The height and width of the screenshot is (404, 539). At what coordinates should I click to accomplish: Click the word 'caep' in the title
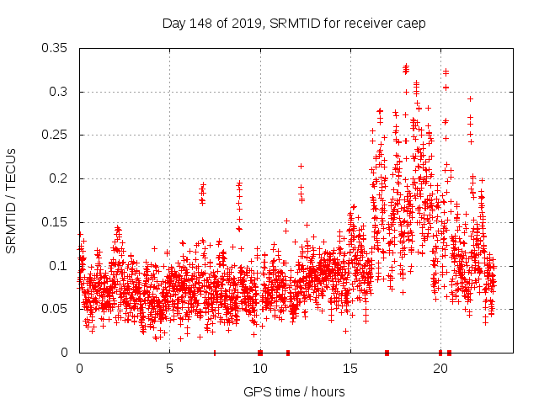(411, 24)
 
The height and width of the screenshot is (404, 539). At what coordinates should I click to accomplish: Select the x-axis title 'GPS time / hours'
(294, 391)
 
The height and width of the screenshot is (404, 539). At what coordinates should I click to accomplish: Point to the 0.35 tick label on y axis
(56, 48)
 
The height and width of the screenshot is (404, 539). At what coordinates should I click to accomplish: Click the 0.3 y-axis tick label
(60, 92)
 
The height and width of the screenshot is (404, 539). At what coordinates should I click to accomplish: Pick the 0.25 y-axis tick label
(56, 135)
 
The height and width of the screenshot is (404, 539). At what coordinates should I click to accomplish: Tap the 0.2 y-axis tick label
(60, 178)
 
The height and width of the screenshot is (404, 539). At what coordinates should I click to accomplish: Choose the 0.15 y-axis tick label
(56, 222)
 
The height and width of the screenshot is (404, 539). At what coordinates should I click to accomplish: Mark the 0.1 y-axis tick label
(60, 265)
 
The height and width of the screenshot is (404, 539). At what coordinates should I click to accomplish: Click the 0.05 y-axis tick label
(56, 309)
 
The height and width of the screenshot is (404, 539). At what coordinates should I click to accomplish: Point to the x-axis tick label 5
(169, 369)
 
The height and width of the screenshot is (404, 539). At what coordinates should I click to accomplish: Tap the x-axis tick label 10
(259, 369)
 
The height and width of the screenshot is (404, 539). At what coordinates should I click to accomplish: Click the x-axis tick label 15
(350, 369)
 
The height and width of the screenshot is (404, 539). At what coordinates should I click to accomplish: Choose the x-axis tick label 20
(440, 369)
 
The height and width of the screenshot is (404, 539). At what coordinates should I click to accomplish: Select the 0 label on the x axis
(79, 369)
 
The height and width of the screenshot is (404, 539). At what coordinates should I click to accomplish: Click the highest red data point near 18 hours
(405, 66)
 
